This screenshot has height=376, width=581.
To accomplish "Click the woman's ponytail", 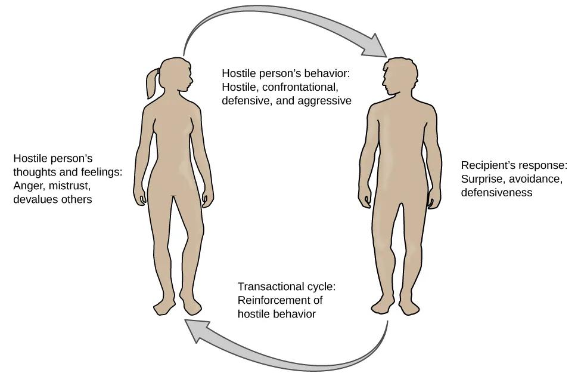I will click(x=150, y=83).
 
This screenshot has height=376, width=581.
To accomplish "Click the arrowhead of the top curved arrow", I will click(x=375, y=45).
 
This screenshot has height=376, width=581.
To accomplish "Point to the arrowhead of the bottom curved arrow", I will click(x=196, y=332).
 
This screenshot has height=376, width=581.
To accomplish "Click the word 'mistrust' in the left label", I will click(x=73, y=186).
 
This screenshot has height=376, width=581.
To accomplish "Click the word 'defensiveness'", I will click(x=497, y=192).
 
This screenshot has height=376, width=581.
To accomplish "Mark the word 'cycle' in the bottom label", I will click(x=322, y=286).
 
